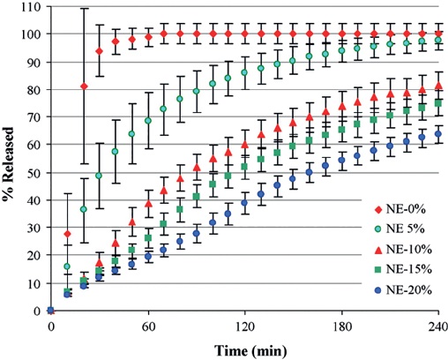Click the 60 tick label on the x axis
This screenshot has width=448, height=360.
[147, 326]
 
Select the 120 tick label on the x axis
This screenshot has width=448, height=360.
[244, 326]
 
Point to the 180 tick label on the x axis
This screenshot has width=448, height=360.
[341, 326]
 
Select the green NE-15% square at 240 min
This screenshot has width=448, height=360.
[437, 103]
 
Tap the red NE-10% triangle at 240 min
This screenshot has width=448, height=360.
[437, 86]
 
